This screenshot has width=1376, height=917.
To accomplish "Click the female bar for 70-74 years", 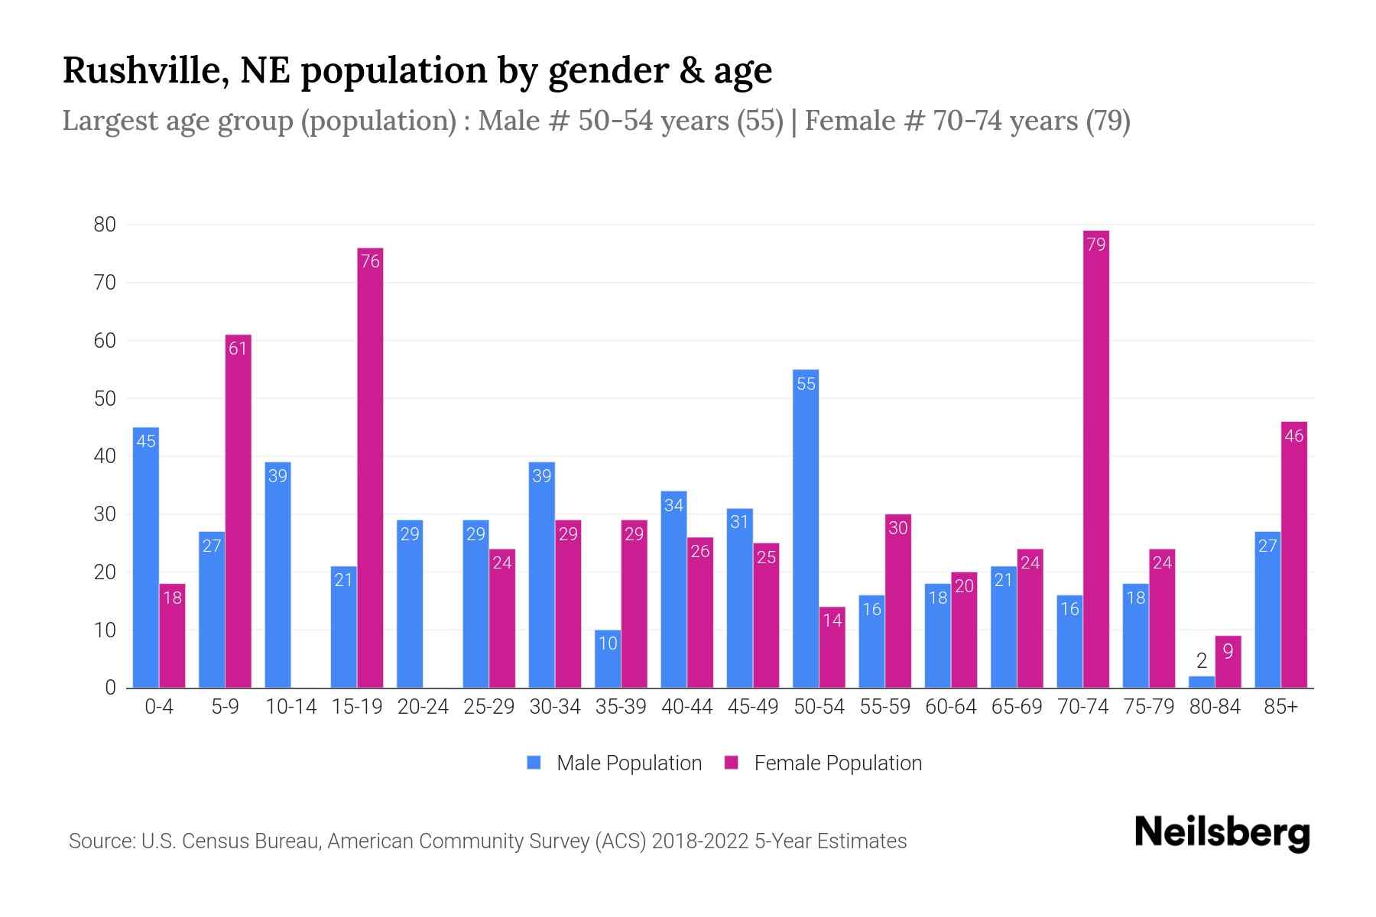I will click(1095, 458).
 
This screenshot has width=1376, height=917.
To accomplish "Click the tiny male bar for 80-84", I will click(1201, 682).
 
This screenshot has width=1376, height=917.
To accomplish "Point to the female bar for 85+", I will click(1293, 555).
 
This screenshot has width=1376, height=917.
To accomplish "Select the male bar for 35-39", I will click(608, 659).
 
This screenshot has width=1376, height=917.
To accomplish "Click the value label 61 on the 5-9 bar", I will click(238, 348).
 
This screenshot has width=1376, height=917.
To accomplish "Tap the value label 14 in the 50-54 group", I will click(832, 621).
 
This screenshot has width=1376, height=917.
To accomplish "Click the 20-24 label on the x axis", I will click(423, 707).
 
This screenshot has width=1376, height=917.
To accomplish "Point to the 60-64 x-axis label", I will click(950, 707).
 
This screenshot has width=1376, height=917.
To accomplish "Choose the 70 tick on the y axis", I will click(105, 283).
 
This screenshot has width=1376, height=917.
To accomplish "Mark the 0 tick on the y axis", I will click(111, 688).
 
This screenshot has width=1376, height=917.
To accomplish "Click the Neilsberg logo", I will click(1222, 833).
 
